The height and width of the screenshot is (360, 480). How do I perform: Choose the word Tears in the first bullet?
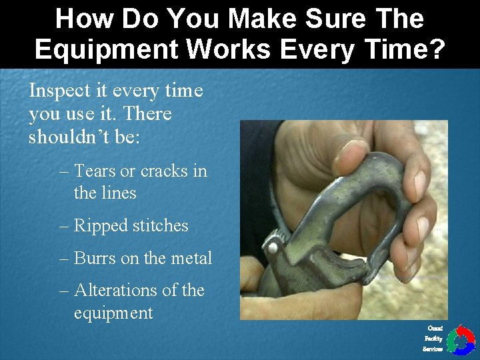95,171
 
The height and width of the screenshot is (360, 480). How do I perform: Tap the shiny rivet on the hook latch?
271,247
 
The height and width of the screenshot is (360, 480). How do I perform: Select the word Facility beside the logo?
433,339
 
